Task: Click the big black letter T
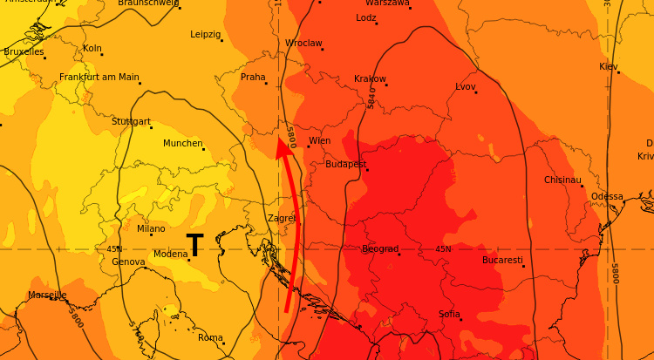(x=194, y=246)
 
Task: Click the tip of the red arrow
(x=282, y=140)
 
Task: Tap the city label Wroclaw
(x=303, y=43)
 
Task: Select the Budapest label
(x=345, y=164)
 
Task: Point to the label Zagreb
(x=283, y=218)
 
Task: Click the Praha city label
(x=253, y=77)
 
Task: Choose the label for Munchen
(x=182, y=143)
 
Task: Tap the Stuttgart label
(x=131, y=121)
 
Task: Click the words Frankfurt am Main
(x=99, y=77)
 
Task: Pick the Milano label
(x=151, y=228)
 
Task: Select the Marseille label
(x=47, y=295)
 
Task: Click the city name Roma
(x=210, y=337)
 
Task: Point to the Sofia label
(x=449, y=314)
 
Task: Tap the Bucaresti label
(x=502, y=260)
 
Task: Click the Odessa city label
(x=607, y=196)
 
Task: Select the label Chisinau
(x=562, y=180)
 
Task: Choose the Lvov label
(x=466, y=86)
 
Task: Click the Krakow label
(x=370, y=78)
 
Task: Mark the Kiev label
(x=608, y=66)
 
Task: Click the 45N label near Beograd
(x=443, y=249)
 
